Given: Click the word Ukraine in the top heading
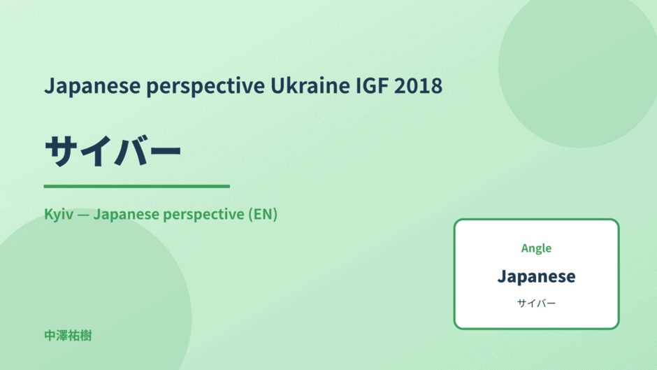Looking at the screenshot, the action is tap(310, 85).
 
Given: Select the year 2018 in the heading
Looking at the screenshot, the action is tap(418, 85).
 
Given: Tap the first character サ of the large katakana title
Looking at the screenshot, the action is tap(62, 150).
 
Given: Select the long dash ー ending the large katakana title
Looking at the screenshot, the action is tap(165, 151).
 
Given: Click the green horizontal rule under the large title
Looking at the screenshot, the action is tap(136, 186).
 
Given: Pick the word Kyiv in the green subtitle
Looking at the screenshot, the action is tap(59, 215).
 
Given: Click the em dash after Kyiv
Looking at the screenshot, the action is tap(83, 215).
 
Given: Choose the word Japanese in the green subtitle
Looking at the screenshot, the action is tap(126, 215).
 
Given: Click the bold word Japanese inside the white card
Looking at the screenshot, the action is tap(536, 277).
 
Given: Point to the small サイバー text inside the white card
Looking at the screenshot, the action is tap(536, 304).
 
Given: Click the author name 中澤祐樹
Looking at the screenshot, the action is tap(68, 336).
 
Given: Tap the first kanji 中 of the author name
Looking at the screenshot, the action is tap(50, 336).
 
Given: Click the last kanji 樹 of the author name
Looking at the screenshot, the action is tap(86, 336).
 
